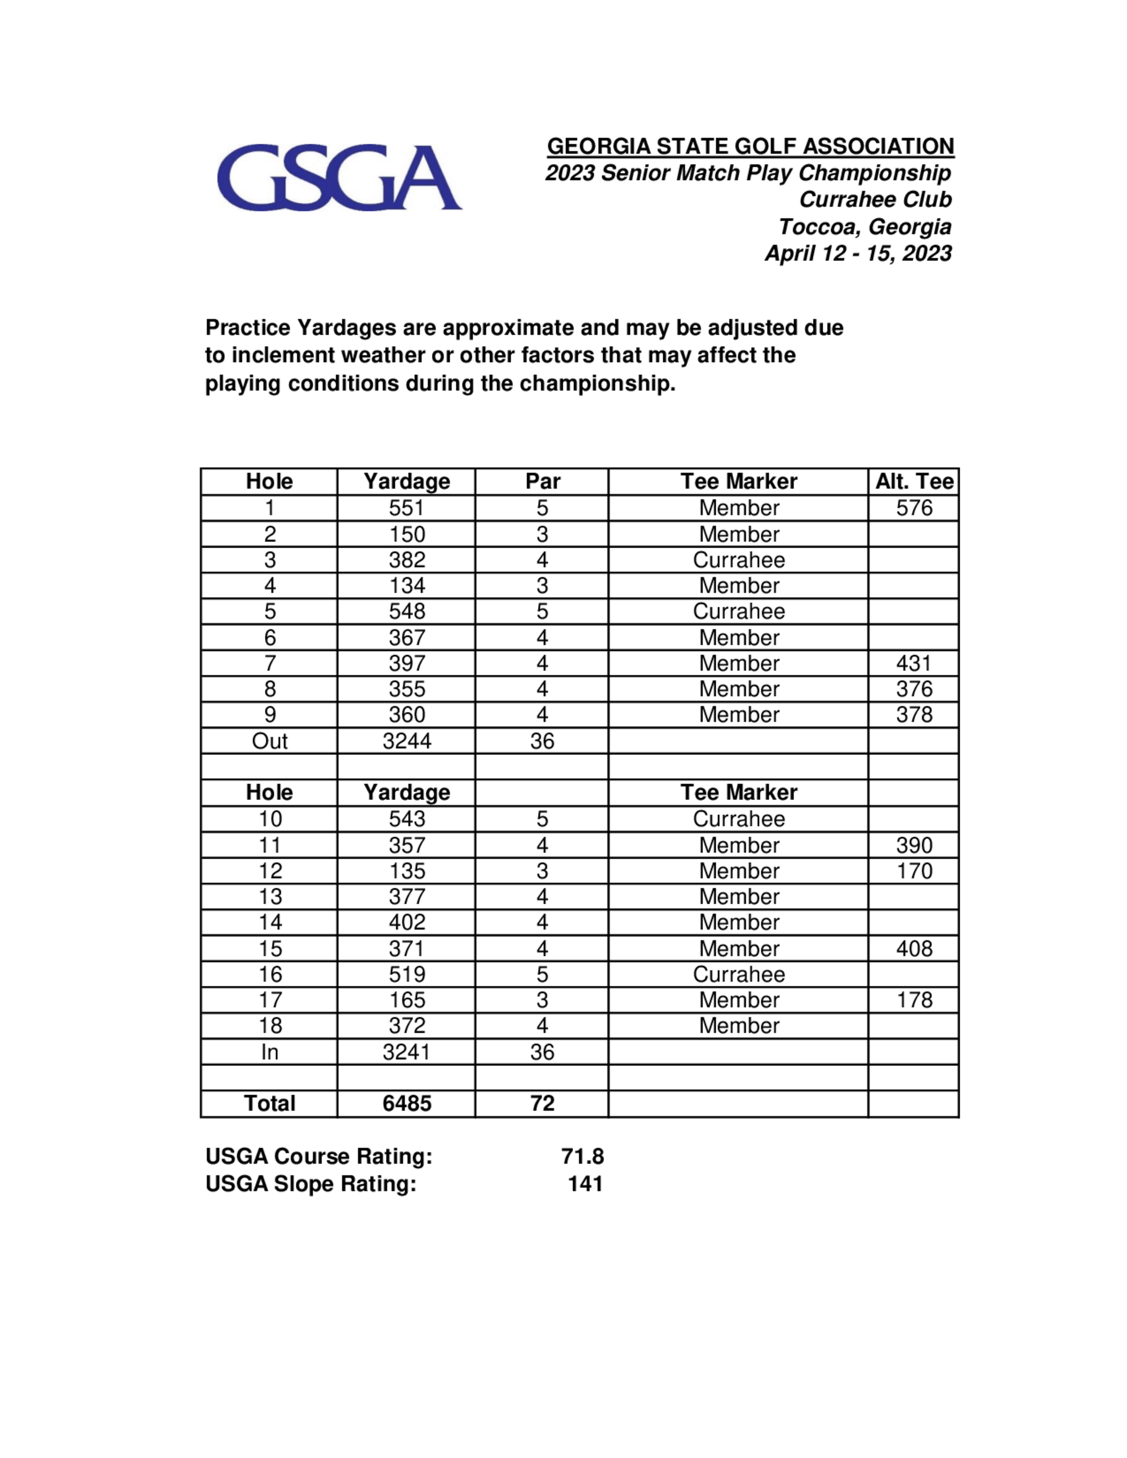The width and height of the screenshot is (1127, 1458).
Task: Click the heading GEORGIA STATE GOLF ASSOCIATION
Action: (x=751, y=146)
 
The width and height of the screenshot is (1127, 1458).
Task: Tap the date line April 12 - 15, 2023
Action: (x=858, y=254)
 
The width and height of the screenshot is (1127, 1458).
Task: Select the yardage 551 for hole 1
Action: (x=407, y=508)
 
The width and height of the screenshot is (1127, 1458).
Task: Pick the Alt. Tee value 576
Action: (x=913, y=508)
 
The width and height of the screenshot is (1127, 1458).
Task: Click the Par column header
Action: (x=542, y=481)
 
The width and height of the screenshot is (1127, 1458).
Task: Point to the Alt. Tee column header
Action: (x=913, y=481)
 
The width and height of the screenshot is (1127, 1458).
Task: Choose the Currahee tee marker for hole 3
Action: (x=738, y=560)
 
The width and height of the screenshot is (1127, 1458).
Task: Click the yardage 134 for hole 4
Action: (x=407, y=585)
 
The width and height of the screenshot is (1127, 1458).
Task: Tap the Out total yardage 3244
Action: (x=407, y=741)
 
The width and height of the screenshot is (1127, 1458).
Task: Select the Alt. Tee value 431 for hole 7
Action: (x=913, y=664)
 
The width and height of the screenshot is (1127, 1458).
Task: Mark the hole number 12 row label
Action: (x=270, y=871)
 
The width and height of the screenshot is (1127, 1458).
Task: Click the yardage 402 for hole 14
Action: (x=407, y=923)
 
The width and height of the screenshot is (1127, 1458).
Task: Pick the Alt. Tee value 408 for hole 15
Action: (x=913, y=949)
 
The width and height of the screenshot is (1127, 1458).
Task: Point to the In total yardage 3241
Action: (x=407, y=1052)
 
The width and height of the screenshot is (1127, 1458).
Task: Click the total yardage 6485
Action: (x=407, y=1104)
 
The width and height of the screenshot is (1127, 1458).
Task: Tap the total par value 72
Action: (x=542, y=1104)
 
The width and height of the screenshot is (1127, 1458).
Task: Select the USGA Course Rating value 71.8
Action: (x=582, y=1156)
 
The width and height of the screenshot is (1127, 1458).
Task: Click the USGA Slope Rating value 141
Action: (x=585, y=1184)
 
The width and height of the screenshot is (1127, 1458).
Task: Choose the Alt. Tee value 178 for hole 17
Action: (x=913, y=1000)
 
